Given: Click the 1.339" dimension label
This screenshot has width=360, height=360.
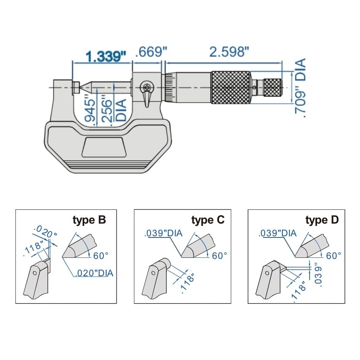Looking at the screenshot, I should (x=106, y=57).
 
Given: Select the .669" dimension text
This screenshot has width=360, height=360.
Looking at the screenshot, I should (x=148, y=51).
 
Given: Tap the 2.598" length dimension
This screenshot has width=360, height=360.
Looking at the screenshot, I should (x=229, y=51).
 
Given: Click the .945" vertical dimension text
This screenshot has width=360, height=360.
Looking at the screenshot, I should (x=89, y=109).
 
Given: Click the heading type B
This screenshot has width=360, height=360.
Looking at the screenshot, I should (x=89, y=220).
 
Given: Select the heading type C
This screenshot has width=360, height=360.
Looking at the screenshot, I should (x=208, y=220).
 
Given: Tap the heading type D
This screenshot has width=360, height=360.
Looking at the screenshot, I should (x=322, y=220).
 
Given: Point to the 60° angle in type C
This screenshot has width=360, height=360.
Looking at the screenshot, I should (x=220, y=255).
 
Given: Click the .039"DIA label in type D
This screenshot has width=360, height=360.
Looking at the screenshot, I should (x=277, y=233).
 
